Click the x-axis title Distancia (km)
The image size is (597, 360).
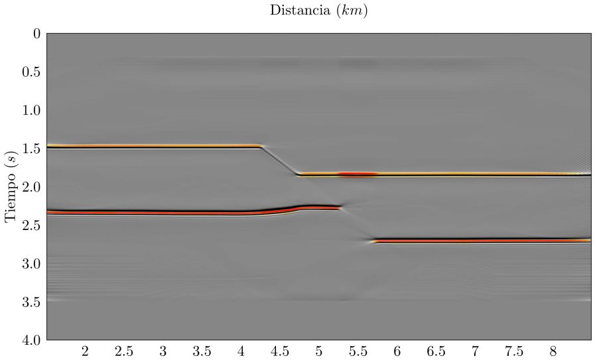click(x=318, y=11)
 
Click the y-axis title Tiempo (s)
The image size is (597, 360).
click(x=12, y=186)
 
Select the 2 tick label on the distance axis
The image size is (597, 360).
click(x=85, y=351)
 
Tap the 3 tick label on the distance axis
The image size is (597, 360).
click(x=163, y=351)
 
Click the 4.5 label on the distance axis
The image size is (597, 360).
click(x=280, y=351)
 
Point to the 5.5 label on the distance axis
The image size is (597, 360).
click(x=358, y=351)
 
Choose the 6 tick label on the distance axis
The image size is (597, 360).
click(x=397, y=351)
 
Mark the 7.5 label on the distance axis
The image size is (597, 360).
click(x=514, y=351)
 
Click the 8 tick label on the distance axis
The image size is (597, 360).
click(x=553, y=351)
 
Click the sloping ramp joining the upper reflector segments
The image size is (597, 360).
click(x=280, y=160)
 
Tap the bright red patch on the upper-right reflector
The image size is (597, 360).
click(x=358, y=174)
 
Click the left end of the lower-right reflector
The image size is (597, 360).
click(x=375, y=241)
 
